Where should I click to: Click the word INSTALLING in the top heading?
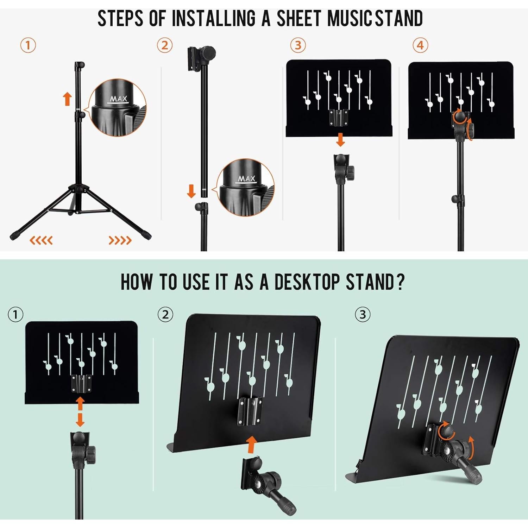tap(214, 18)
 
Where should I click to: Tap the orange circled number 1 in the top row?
tap(28, 45)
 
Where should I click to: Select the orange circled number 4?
tap(420, 45)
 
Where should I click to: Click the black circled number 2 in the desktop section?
tap(165, 314)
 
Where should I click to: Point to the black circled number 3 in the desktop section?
tap(363, 314)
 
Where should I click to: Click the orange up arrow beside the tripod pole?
tap(67, 99)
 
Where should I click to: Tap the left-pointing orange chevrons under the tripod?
tap(41, 240)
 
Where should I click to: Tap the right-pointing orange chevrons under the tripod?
tap(120, 240)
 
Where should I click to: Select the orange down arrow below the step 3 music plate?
tap(340, 139)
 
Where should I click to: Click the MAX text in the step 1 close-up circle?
tap(118, 99)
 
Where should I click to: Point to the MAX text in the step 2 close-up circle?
tap(246, 179)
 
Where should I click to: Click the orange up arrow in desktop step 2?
tap(251, 444)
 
